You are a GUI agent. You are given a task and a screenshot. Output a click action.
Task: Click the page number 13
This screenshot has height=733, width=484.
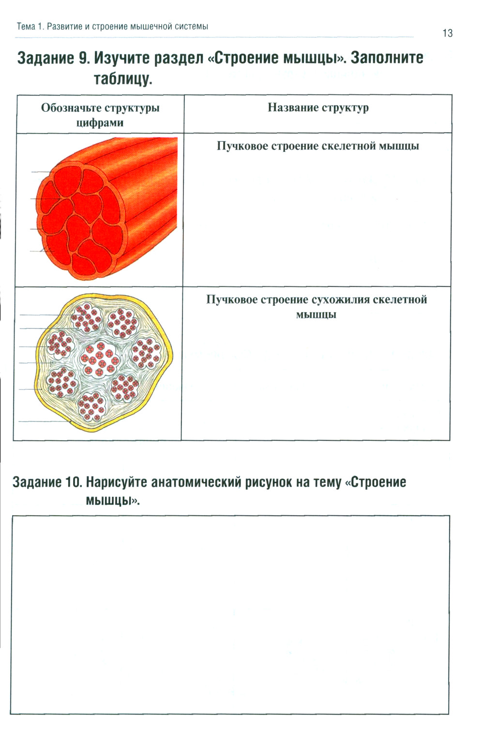pyautogui.click(x=447, y=33)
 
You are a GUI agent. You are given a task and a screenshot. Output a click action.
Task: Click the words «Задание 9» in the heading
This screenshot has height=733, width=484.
pyautogui.click(x=53, y=58)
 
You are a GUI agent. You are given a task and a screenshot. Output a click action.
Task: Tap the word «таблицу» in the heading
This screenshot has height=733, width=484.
pyautogui.click(x=123, y=78)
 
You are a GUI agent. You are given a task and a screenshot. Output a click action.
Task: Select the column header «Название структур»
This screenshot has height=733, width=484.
pyautogui.click(x=318, y=107)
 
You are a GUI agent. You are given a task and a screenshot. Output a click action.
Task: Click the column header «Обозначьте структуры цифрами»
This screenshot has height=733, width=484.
pyautogui.click(x=100, y=115)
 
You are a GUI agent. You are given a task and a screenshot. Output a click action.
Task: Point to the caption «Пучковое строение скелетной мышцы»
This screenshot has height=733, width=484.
pyautogui.click(x=318, y=146)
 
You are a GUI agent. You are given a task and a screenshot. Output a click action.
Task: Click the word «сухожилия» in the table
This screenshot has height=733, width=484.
pyautogui.click(x=340, y=299)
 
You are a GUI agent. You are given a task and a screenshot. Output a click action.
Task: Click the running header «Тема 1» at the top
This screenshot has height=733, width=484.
pyautogui.click(x=30, y=26)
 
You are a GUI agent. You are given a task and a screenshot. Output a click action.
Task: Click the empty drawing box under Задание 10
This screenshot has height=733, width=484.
pyautogui.click(x=230, y=614)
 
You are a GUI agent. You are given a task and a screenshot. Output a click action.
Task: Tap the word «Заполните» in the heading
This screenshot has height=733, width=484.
pyautogui.click(x=387, y=58)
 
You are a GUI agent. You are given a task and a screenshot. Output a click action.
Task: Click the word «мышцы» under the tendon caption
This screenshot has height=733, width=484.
pyautogui.click(x=316, y=314)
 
